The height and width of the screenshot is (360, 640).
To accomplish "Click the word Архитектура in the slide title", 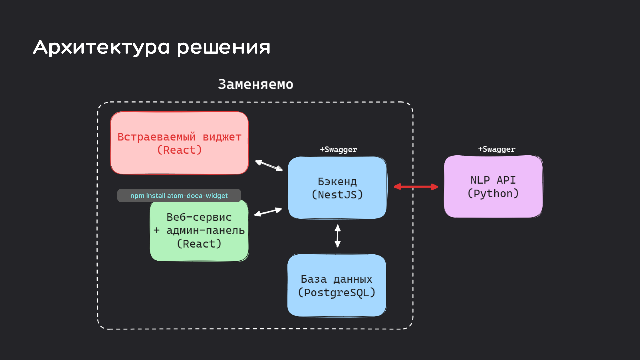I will click(101, 47).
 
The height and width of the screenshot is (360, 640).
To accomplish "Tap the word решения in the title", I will click(223, 47).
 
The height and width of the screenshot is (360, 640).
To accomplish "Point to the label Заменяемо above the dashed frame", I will click(256, 84).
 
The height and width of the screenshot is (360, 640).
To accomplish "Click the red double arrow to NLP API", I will click(416, 187).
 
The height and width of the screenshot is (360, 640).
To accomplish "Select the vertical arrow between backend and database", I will click(338, 236).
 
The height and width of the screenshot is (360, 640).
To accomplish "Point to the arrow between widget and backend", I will click(269, 165).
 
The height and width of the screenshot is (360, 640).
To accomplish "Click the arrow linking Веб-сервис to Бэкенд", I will click(268, 212).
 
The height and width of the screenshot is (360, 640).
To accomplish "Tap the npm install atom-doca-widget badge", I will click(179, 196).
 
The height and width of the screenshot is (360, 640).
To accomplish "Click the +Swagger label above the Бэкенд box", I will click(338, 150).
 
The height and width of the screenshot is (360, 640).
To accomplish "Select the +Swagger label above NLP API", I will click(497, 149).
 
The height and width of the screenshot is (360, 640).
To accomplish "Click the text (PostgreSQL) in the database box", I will click(337, 293).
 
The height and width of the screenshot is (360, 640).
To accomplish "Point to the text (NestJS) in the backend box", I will click(337, 195).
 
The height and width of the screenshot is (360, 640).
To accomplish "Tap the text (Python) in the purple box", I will click(493, 193).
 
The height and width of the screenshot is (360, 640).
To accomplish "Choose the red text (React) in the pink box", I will click(179, 150).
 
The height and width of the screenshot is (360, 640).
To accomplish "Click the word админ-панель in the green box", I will click(205, 230).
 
